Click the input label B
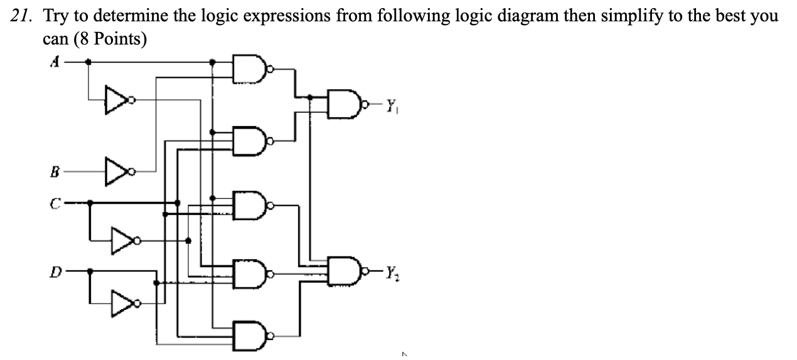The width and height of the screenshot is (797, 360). tap(55, 169)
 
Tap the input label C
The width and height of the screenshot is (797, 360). tap(55, 203)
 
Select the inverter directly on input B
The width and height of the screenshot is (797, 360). tap(118, 169)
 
